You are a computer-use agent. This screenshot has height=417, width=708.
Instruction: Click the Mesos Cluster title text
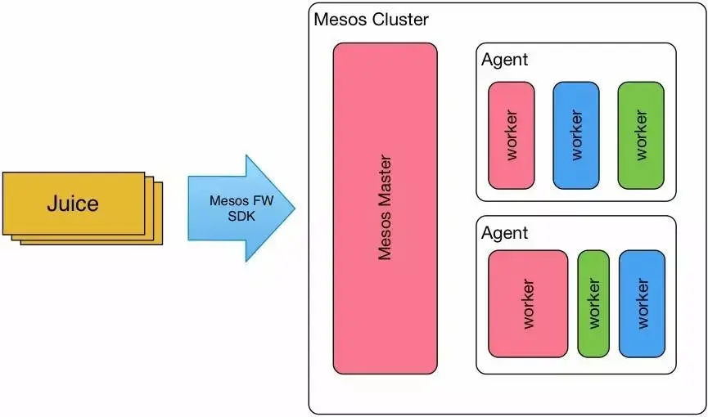[x=371, y=19]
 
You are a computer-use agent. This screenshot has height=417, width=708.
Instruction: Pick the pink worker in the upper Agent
[x=511, y=136]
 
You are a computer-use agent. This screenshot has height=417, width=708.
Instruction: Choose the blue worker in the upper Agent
[x=576, y=136]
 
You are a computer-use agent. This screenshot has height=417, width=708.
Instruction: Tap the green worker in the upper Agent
[x=641, y=136]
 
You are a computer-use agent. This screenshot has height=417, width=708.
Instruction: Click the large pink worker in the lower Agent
[x=528, y=304]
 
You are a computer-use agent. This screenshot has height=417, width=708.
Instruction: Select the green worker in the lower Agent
[x=593, y=304]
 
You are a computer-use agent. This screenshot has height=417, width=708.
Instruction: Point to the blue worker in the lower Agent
[x=642, y=304]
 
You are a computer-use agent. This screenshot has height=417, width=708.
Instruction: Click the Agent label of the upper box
[x=504, y=60]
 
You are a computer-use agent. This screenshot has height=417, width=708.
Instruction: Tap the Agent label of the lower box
[x=504, y=233]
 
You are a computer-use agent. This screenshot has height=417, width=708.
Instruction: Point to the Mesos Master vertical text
[x=386, y=208]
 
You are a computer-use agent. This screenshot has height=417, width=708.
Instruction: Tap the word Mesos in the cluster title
[x=340, y=19]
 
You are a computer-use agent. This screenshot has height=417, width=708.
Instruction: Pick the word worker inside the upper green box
[x=641, y=136]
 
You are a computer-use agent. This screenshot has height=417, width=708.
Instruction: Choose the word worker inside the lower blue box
[x=642, y=304]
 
